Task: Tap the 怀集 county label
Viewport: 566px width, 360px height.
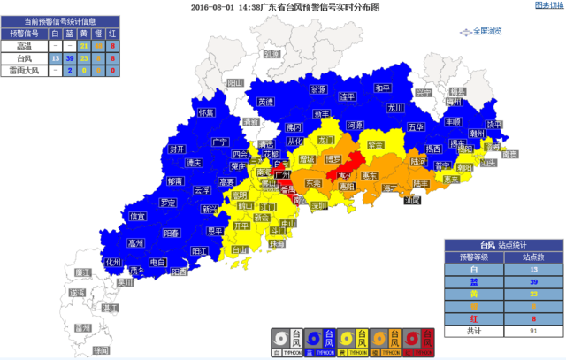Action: coord(206,113)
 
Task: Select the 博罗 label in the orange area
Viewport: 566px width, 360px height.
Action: coord(333,159)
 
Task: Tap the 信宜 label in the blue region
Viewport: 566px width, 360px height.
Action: coord(138,216)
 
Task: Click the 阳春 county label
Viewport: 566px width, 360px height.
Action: coord(172,233)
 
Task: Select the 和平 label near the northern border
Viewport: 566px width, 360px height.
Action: coord(382,88)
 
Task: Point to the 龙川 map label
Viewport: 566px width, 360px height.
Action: coord(394,108)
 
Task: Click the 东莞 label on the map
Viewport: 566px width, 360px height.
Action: coord(313,182)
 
